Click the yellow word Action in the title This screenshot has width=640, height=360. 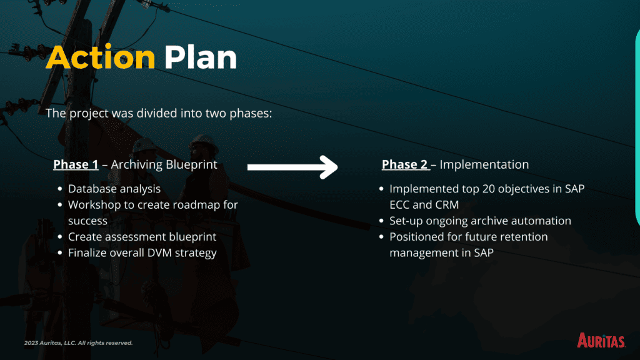(101, 57)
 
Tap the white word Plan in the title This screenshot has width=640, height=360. (201, 57)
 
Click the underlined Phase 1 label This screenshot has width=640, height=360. (76, 164)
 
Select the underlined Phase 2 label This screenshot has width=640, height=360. (405, 164)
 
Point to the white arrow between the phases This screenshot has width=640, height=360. (292, 167)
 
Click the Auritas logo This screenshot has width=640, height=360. (601, 341)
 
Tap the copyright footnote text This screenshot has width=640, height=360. (78, 343)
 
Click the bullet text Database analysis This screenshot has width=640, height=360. (114, 189)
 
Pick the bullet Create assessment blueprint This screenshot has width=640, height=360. (142, 237)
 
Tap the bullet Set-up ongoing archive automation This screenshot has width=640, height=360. (480, 221)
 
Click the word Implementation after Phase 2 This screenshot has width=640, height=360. (484, 164)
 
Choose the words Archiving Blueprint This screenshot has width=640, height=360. (164, 164)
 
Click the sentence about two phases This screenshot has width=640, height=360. (159, 113)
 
